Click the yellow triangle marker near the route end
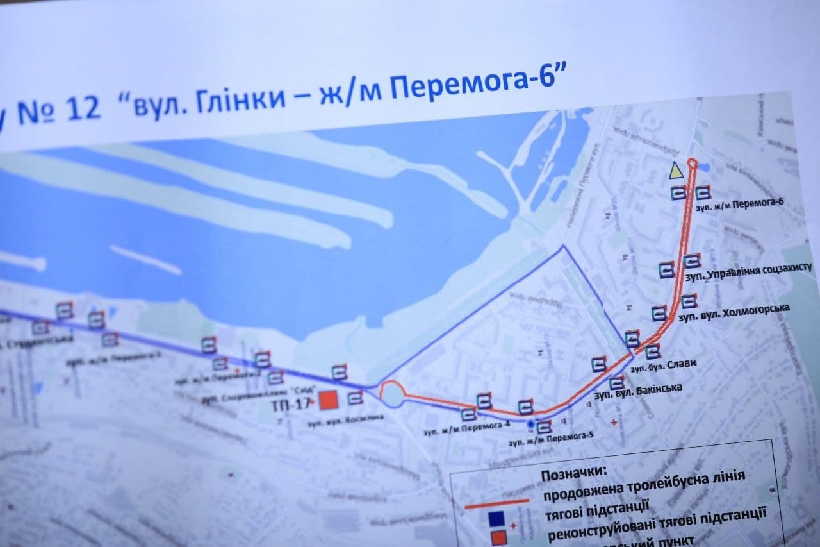pos(675,171)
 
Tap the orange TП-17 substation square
pos(328,401)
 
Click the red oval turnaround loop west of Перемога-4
pos(392,393)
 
